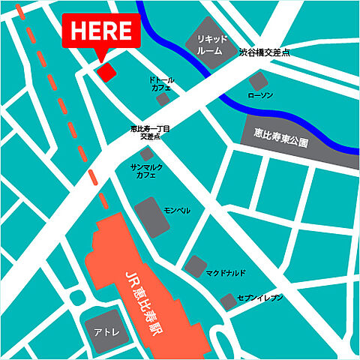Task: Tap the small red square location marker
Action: (x=106, y=71)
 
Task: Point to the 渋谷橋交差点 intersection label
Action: (x=264, y=54)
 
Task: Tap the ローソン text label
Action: (x=262, y=97)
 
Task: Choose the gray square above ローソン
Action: (x=259, y=81)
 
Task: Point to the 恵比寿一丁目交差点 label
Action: (x=149, y=133)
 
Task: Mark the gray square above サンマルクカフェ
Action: (x=147, y=153)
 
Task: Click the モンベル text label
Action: (x=176, y=211)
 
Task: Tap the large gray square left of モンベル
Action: (x=148, y=215)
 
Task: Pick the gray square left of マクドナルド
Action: (x=195, y=265)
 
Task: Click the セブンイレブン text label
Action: (x=259, y=298)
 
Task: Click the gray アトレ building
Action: (x=100, y=331)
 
